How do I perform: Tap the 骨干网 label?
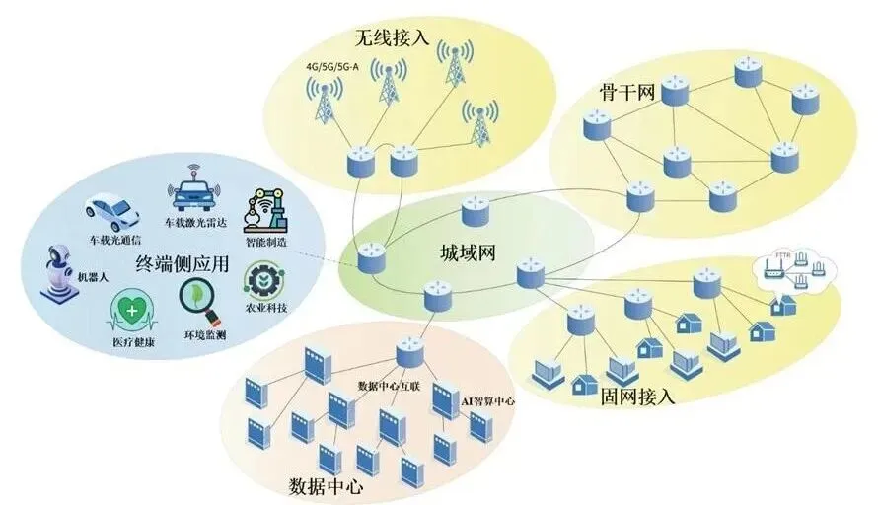click(x=627, y=94)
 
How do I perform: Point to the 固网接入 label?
click(x=637, y=397)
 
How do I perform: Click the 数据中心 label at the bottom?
click(x=327, y=485)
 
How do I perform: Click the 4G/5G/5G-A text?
click(x=332, y=68)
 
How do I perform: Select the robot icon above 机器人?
click(x=58, y=273)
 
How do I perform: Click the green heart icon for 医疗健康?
click(x=132, y=310)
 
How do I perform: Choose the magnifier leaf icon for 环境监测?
click(x=198, y=301)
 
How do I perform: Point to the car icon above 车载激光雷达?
click(x=192, y=192)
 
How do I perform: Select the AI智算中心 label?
click(x=487, y=401)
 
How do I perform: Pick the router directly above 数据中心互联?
click(x=409, y=353)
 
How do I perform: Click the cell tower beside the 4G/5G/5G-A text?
click(x=324, y=99)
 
